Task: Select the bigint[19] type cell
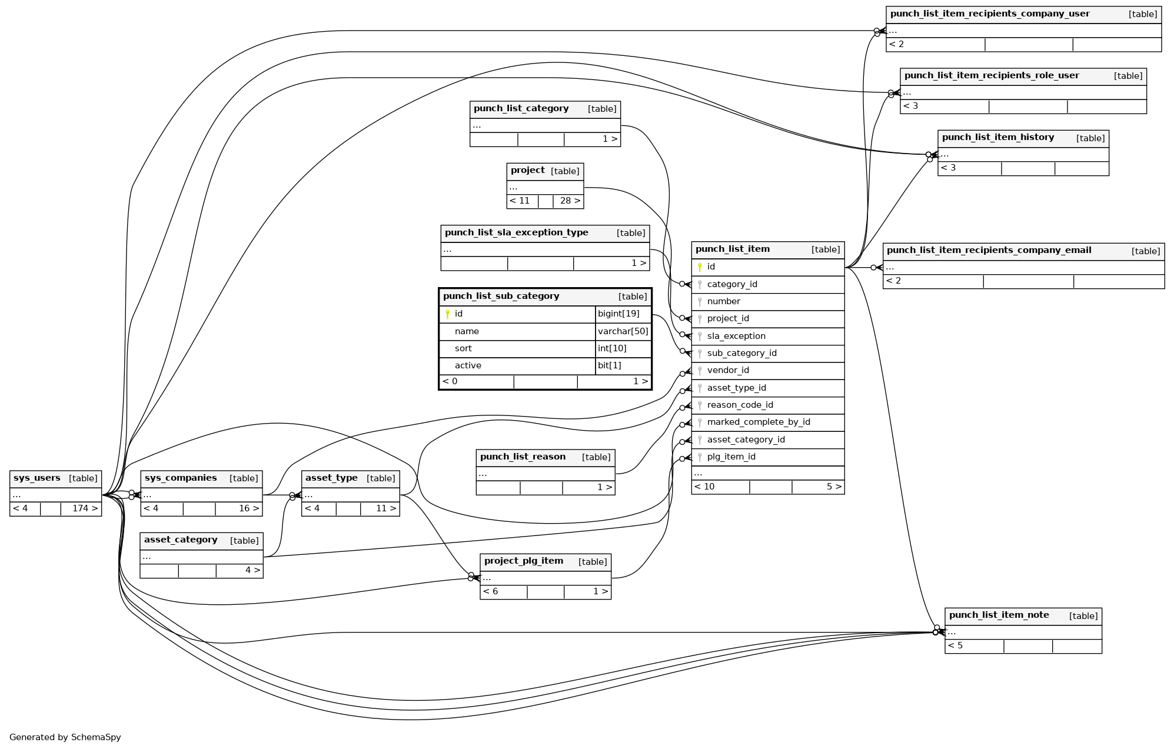(618, 314)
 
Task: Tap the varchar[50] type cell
(623, 331)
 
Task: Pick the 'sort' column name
(463, 348)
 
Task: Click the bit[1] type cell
(609, 365)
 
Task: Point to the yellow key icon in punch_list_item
(700, 267)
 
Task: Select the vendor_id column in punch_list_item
(727, 370)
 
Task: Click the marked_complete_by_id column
(758, 422)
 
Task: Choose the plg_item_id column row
(731, 457)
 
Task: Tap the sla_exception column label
(736, 336)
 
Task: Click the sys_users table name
(36, 478)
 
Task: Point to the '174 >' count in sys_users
(85, 508)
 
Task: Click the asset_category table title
(181, 540)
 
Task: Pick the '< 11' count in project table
(520, 201)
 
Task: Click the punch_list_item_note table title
(999, 615)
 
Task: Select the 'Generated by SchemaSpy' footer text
(65, 737)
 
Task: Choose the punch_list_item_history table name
(997, 137)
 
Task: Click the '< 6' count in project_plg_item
(491, 591)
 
